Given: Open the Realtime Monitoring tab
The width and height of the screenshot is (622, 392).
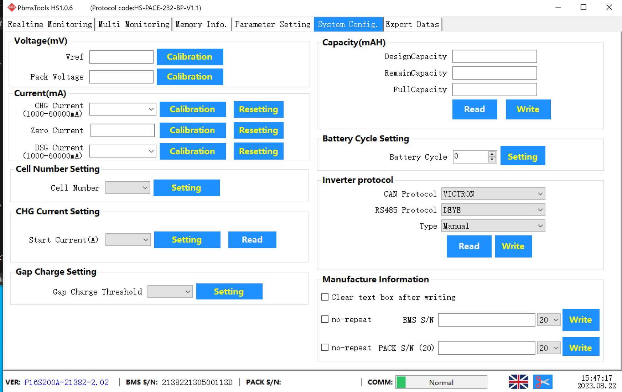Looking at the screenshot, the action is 49,24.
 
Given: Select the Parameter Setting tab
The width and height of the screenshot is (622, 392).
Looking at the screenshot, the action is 272,24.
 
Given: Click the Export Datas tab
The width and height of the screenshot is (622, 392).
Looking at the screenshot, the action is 412,24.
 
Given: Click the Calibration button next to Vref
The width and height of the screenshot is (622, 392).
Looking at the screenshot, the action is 190,57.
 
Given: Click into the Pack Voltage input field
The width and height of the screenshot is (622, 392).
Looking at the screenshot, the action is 121,77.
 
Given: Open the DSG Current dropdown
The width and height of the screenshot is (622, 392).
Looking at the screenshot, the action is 123,151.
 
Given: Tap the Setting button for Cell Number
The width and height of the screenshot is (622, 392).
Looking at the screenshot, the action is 186,188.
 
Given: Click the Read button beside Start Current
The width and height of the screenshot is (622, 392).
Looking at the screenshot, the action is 252,240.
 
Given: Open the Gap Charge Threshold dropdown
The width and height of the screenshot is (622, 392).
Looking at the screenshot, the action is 170,292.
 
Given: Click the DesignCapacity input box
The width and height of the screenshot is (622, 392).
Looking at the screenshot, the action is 495,57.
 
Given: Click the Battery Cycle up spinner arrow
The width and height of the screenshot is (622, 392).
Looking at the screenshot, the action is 492,154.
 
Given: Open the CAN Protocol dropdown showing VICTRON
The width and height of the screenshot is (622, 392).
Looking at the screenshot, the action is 493,194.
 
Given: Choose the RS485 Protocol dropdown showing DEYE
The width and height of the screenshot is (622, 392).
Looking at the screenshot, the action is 493,210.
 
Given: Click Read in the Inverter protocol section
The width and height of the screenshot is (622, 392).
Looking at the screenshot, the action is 469,246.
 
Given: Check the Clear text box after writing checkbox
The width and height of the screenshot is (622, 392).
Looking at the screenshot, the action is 325,297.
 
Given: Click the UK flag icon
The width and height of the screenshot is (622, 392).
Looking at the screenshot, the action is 518,382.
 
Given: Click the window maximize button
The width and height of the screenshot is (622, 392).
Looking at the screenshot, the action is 584,8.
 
